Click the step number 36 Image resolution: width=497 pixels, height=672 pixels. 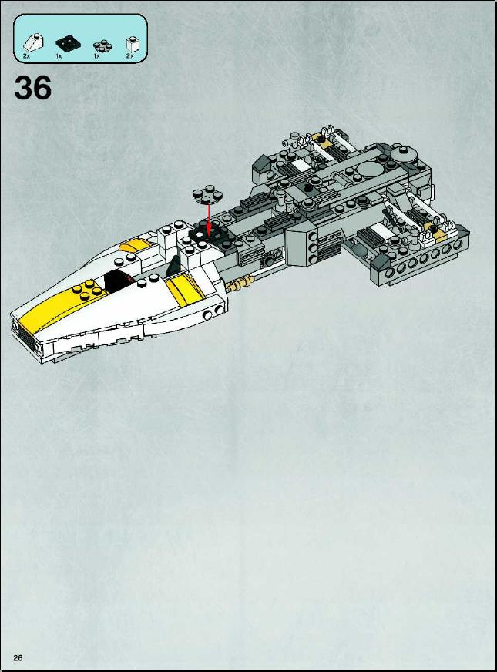coord(33,88)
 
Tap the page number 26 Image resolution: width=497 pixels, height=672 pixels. coord(18,658)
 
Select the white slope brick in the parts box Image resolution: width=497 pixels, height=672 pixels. coord(32,42)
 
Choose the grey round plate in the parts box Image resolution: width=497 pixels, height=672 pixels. coord(102,45)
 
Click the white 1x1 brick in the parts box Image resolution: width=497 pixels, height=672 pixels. coord(131,44)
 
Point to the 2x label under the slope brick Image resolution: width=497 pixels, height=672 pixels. coord(26,56)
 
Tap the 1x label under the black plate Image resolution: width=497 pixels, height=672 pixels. coord(59,56)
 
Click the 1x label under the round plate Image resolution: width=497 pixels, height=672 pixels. coord(97,56)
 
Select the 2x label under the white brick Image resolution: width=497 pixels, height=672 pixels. coord(129,56)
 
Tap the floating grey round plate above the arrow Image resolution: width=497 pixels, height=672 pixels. coord(207,194)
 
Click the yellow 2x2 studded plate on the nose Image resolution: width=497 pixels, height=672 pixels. coord(90,289)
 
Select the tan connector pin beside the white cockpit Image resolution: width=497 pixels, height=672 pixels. coord(240,284)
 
